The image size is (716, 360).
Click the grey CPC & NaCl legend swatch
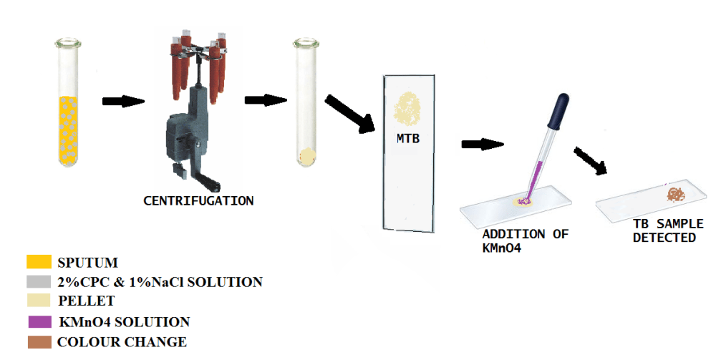tap(39, 281)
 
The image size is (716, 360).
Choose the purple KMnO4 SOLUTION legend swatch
tap(39, 321)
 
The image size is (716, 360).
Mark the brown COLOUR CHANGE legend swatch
tap(39, 341)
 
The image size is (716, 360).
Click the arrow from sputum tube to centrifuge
tap(119, 101)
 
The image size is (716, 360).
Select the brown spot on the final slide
tap(675, 194)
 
